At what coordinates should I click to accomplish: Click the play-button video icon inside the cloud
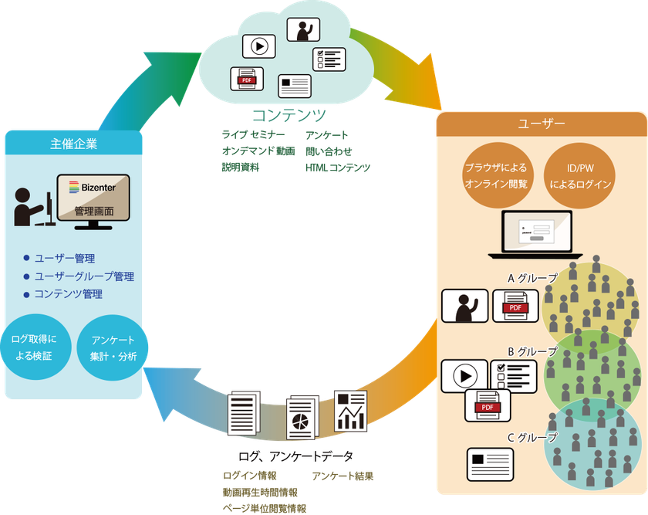(259, 46)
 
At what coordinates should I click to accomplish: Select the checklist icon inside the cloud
(328, 59)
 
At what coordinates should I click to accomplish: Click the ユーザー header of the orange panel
(541, 124)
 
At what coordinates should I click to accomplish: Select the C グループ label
(532, 438)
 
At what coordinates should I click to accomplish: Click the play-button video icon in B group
(464, 377)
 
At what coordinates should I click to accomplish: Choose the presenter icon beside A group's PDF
(464, 308)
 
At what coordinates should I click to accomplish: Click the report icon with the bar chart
(351, 412)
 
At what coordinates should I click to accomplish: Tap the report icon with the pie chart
(302, 418)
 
